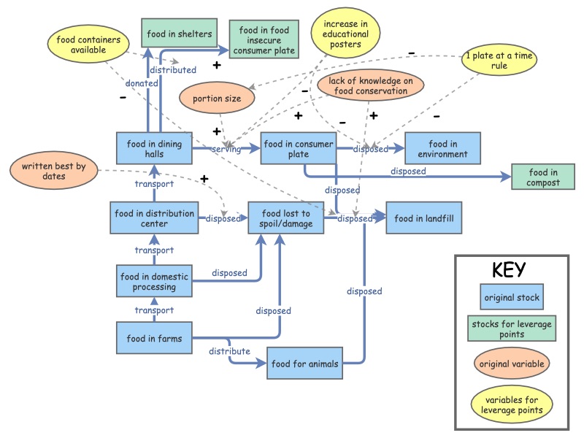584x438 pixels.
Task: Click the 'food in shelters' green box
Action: point(179,34)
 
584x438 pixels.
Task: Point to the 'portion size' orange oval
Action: point(218,99)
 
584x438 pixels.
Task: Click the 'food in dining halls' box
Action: point(154,148)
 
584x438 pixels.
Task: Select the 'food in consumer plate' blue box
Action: point(298,149)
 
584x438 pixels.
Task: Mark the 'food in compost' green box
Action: point(542,177)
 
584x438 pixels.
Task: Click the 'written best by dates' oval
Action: point(49,172)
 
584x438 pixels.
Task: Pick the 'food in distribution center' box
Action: point(155,218)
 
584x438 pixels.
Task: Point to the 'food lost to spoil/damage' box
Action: point(285,218)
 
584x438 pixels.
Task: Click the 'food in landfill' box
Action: point(424,218)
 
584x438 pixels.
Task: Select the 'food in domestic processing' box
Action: point(154,282)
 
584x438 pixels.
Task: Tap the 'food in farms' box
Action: point(154,339)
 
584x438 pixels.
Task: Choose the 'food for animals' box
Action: point(304,363)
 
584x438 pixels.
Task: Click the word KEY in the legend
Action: point(509,269)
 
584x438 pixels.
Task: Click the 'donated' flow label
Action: point(142,83)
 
